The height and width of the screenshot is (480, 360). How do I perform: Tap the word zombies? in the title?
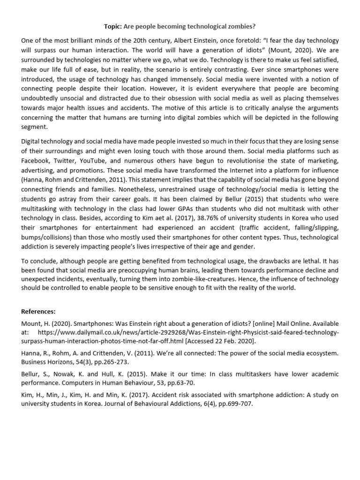(240, 26)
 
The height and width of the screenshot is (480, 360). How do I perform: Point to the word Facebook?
(37, 161)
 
